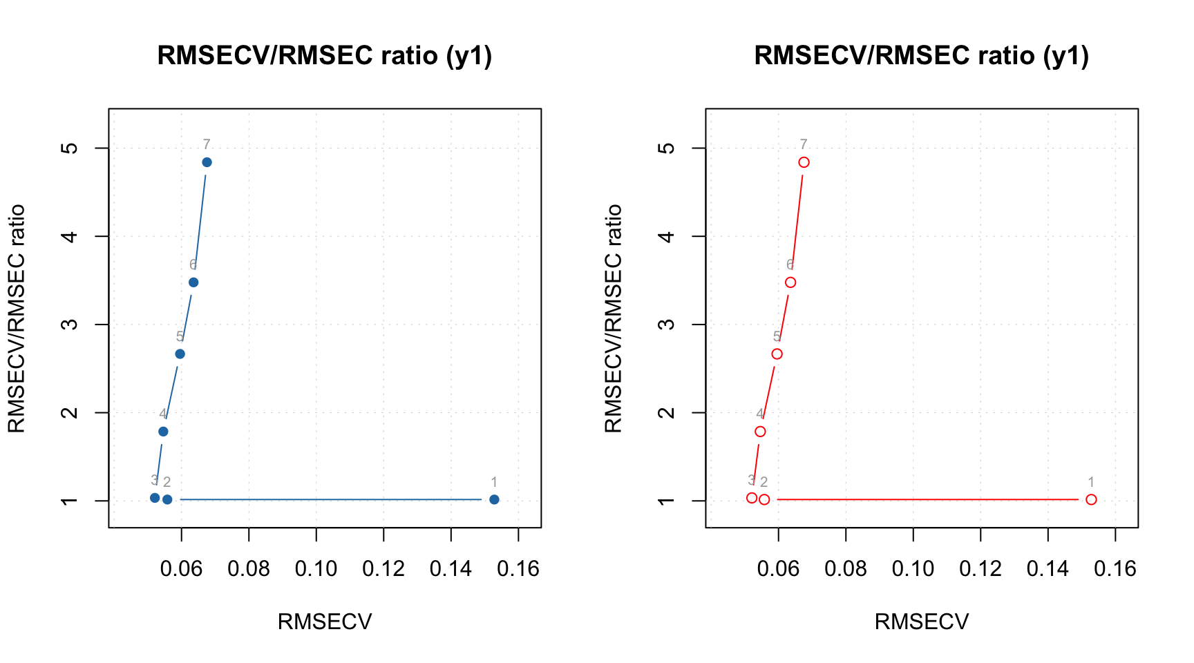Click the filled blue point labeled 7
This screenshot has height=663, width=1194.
click(207, 162)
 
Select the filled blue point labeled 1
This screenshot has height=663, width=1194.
click(494, 499)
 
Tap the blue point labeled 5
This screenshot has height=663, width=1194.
click(180, 354)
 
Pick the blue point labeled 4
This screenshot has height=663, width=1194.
click(163, 432)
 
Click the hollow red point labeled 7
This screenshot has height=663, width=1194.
click(804, 162)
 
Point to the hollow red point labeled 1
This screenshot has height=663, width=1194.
click(1091, 499)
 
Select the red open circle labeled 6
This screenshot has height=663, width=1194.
click(790, 282)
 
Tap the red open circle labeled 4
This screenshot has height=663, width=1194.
click(760, 432)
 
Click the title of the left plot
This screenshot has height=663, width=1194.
click(325, 55)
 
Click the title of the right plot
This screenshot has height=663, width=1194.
click(922, 55)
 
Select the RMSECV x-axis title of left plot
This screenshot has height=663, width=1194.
click(325, 622)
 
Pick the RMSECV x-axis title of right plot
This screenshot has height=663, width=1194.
click(922, 622)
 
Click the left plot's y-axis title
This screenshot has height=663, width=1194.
click(16, 318)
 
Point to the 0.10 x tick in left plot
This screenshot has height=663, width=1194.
click(316, 569)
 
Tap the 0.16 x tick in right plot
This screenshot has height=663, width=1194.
click(1115, 569)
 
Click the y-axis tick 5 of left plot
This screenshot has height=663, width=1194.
click(70, 148)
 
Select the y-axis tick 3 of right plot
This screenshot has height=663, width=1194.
click(667, 325)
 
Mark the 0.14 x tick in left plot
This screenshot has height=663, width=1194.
click(451, 569)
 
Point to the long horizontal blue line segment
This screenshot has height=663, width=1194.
click(330, 499)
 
